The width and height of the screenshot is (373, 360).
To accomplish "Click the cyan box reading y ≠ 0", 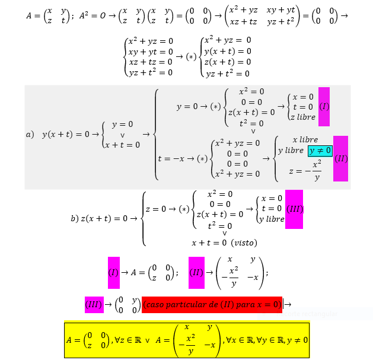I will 320,151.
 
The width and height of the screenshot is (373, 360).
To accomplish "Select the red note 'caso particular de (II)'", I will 212,304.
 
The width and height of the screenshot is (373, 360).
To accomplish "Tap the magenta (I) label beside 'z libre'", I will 324,107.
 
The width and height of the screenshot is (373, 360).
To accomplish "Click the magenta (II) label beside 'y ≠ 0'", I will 340,159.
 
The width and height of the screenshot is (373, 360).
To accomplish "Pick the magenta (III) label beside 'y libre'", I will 294,209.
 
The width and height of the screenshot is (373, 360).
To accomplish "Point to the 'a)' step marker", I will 30,135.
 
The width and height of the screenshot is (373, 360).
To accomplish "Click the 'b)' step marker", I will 74,218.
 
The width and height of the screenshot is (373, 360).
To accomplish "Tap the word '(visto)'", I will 244,243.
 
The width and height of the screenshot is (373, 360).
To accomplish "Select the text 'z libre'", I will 302,117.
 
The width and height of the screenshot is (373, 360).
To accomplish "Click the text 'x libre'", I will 305,139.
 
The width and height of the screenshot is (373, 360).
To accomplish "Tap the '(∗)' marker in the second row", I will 190,57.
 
